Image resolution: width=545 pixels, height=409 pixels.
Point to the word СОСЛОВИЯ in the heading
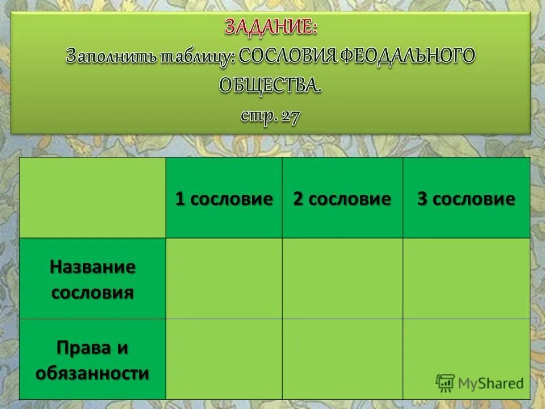[x=287, y=56]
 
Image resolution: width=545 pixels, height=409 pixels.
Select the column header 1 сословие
[x=224, y=199]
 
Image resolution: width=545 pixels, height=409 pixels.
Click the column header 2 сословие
[x=342, y=199]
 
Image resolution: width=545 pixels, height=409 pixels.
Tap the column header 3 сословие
[x=466, y=199]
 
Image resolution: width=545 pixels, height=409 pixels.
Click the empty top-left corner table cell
[x=93, y=197]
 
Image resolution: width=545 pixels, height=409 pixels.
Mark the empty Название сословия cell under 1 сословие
[x=224, y=278]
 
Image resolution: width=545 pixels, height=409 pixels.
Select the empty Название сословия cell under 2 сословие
[x=342, y=278]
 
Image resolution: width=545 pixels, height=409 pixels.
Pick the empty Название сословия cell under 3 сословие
[x=466, y=278]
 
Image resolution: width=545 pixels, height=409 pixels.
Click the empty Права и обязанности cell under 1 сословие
[x=224, y=359]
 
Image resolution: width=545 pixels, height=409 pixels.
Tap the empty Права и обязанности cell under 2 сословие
[x=342, y=359]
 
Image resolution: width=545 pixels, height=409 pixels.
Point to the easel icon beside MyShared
[x=445, y=383]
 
